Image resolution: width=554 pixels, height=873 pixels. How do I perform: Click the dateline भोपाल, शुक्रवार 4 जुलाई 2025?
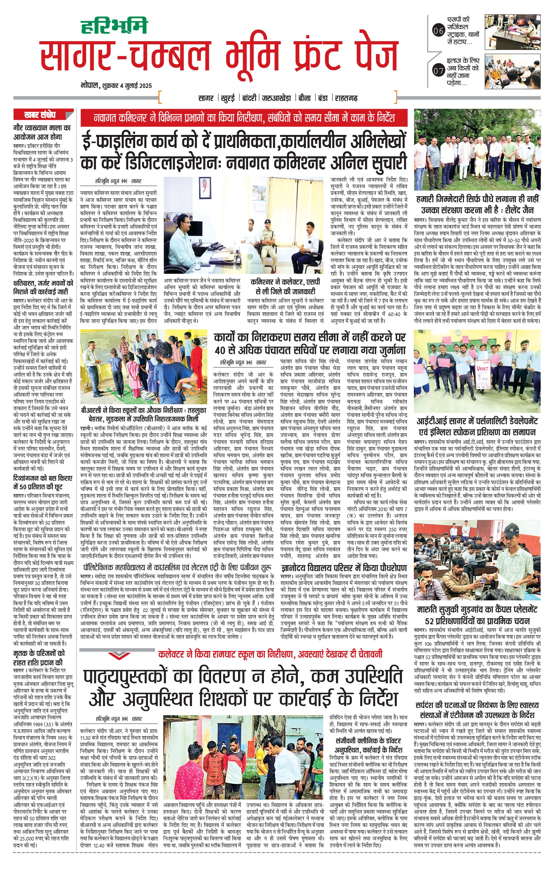coord(116,86)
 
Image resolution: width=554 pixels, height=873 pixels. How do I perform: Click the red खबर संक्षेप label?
coord(39,115)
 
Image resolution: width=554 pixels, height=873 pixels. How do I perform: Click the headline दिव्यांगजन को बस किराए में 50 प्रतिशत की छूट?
coord(43,482)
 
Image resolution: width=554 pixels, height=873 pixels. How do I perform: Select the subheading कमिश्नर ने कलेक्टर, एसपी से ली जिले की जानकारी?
coord(283,286)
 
